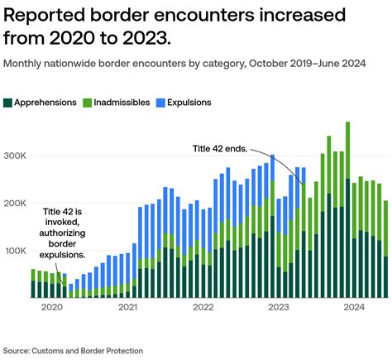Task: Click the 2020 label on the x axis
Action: (x=51, y=307)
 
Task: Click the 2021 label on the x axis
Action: (x=127, y=307)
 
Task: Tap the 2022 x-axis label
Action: (x=203, y=307)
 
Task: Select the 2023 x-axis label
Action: (x=278, y=307)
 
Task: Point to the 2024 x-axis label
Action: (x=354, y=307)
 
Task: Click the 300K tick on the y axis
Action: (x=16, y=156)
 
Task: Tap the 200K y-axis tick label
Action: (x=16, y=203)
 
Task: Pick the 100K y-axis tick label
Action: (x=16, y=251)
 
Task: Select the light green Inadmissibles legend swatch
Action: (x=88, y=102)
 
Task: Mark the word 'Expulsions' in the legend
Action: (x=189, y=102)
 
